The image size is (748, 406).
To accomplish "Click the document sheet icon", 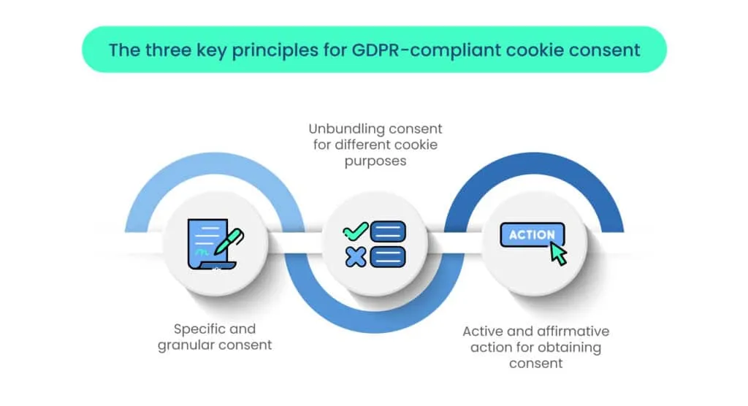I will (205, 245).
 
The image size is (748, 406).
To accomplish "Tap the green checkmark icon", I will (356, 231).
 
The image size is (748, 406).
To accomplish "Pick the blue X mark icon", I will (356, 256).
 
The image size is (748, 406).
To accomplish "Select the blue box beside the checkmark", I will (389, 231).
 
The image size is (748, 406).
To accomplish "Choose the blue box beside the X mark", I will (389, 256).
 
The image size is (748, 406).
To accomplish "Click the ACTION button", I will (532, 235).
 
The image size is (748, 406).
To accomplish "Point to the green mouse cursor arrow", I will (559, 253).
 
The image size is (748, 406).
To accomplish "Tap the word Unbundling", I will (343, 129).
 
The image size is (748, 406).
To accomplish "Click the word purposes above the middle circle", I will (375, 161).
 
